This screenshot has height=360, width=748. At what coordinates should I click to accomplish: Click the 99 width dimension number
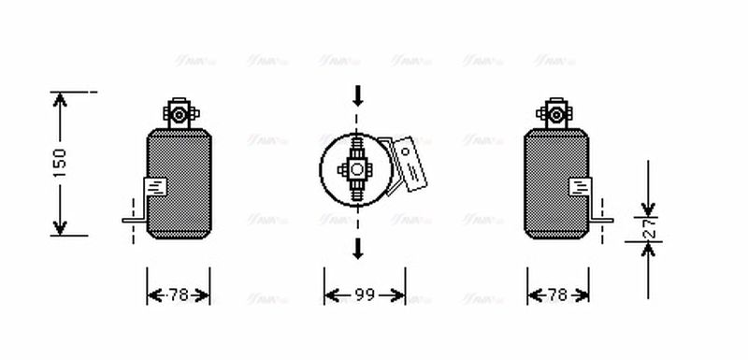point(365,295)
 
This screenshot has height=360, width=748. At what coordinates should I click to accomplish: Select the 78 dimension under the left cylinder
point(178,295)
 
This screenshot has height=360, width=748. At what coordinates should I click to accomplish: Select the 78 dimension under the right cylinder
point(557,295)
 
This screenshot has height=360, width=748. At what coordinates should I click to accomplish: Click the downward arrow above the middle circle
point(357,95)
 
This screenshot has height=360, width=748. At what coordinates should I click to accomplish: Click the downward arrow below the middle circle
point(357,249)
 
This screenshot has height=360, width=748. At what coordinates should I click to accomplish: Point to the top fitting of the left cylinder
point(177,114)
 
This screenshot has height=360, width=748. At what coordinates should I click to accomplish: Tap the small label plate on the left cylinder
point(155,186)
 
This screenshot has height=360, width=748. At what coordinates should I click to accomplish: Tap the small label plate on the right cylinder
point(580,186)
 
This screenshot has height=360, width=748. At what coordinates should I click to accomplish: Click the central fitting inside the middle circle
point(357,170)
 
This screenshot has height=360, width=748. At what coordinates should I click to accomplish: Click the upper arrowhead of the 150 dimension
point(60,99)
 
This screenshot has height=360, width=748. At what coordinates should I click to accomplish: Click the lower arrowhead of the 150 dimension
point(60,227)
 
